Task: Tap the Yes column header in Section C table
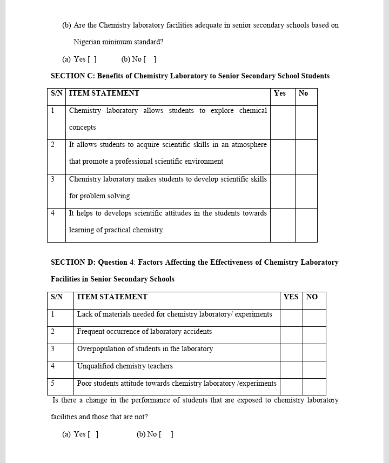click(x=280, y=93)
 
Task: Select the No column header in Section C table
click(x=303, y=93)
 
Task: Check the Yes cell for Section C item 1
click(x=283, y=122)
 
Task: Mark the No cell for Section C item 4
click(x=306, y=225)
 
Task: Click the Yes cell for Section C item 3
click(x=283, y=191)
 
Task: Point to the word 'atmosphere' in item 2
click(x=249, y=145)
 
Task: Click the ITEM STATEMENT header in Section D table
click(x=112, y=297)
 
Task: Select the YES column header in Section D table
click(x=291, y=297)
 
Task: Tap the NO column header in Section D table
click(x=312, y=297)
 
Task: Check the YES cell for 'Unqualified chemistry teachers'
click(x=291, y=370)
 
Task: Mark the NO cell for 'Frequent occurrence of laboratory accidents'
click(x=314, y=335)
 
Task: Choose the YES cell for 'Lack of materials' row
click(x=291, y=318)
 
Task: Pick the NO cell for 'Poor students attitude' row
click(x=314, y=386)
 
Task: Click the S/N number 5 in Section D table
click(x=52, y=384)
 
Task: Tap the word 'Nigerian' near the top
click(x=88, y=42)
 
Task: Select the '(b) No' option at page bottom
click(x=155, y=434)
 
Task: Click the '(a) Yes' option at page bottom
click(x=81, y=434)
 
